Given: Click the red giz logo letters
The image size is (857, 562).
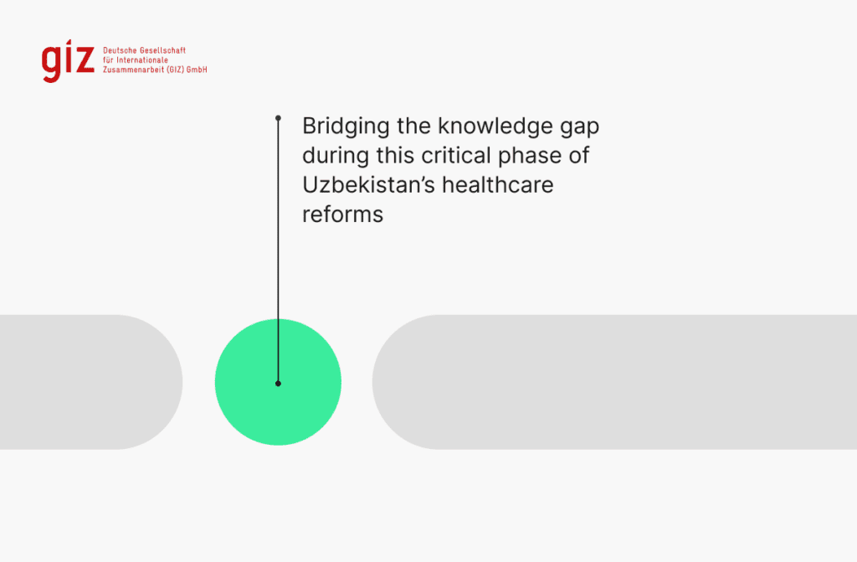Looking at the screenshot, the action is coord(68,61).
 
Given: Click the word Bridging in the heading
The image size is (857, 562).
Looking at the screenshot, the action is coord(346,127).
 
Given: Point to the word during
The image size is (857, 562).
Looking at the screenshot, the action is coord(335,157).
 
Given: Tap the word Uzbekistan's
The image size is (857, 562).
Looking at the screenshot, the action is coord(368,185).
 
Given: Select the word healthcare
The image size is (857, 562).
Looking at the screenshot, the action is coord(498,185).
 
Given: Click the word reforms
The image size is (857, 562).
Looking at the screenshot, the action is coord(342,214).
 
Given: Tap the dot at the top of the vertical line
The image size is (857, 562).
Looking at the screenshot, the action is coord(278,117).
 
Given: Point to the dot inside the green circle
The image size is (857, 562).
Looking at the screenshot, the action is coord(278,384).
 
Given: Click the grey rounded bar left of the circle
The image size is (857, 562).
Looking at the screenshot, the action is coord(90,382).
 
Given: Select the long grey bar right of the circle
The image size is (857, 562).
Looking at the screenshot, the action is coord(614,382).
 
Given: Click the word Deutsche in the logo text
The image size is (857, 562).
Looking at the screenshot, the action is coord(121,50).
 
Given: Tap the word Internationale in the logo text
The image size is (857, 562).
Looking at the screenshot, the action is coord(142,60).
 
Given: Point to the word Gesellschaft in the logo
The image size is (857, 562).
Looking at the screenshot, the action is coord(163,50).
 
